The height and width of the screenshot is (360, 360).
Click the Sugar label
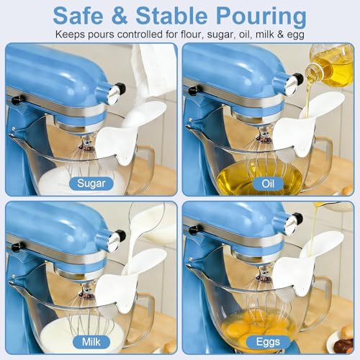coord(91,184)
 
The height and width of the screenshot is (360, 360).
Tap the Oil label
coord(268,184)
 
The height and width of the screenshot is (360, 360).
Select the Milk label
coord(91,342)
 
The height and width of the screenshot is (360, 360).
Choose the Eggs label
coord(268,342)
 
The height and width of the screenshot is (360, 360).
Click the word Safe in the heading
coord(78,16)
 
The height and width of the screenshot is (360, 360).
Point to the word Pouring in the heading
coord(261,17)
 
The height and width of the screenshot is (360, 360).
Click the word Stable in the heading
coord(171,16)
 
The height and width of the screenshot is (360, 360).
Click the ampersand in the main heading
coord(120,16)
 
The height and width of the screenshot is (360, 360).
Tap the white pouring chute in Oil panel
coord(310,125)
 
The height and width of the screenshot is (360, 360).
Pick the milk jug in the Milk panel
coord(153,222)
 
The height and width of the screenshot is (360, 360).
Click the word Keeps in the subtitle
coord(70,35)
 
